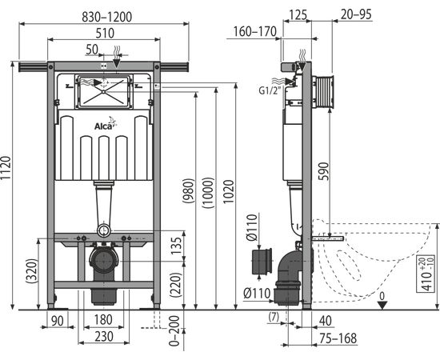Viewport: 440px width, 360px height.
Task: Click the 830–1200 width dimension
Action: (106, 17)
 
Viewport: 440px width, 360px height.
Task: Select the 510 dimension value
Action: (105, 33)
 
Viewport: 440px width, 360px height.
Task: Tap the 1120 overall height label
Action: (6, 168)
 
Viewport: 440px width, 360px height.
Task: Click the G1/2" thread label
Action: (270, 90)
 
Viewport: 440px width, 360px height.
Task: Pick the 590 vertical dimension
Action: (323, 171)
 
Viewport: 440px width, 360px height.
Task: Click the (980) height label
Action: (188, 190)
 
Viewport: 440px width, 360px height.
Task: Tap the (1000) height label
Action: (208, 193)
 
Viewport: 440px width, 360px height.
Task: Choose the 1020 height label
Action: (229, 192)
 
